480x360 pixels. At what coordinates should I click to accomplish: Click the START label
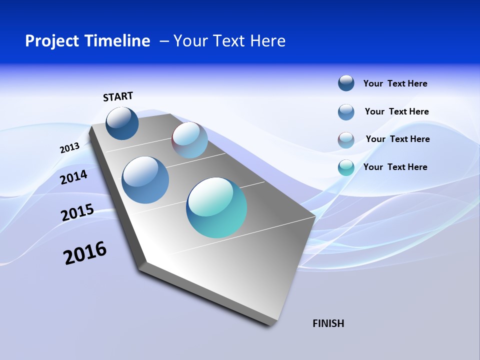tap(118, 96)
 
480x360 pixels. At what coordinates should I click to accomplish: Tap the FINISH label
tap(328, 323)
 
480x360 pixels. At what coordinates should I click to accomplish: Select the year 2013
tap(69, 148)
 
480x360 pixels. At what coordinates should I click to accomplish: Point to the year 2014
tap(74, 177)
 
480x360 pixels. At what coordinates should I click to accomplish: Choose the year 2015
tap(77, 212)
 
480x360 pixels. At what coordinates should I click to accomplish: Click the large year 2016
tap(85, 253)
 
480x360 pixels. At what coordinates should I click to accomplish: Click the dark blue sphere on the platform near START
tap(122, 123)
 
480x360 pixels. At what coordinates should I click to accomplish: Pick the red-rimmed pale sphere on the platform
tap(190, 140)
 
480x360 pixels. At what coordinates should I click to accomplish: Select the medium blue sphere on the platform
tap(145, 180)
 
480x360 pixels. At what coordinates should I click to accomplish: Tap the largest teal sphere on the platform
tap(216, 207)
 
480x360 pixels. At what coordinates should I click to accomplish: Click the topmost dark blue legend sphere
tap(346, 83)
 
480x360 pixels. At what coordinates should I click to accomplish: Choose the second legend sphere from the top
tap(346, 112)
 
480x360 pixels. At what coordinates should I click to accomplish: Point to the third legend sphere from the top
tap(346, 140)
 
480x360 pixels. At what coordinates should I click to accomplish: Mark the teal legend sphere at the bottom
tap(346, 167)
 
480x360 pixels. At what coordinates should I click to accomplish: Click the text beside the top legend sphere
tap(395, 83)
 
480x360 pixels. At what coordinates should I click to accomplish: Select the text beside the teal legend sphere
tap(395, 167)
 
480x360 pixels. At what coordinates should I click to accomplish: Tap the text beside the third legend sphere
tap(397, 139)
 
